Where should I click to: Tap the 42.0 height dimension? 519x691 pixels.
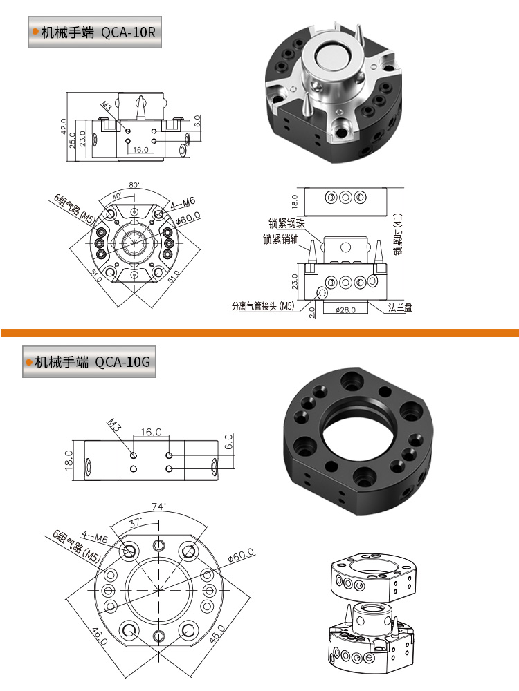coord(64,126)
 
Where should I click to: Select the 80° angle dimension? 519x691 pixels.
coord(134,185)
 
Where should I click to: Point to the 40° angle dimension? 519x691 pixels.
coord(118,196)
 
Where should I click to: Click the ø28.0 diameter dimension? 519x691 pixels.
coord(345,310)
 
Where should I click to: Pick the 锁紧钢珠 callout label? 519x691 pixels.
coord(287,223)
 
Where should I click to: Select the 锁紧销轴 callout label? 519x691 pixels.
coord(281,239)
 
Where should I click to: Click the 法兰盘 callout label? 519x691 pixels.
coord(400,307)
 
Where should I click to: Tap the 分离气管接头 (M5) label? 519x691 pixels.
coord(263,306)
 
